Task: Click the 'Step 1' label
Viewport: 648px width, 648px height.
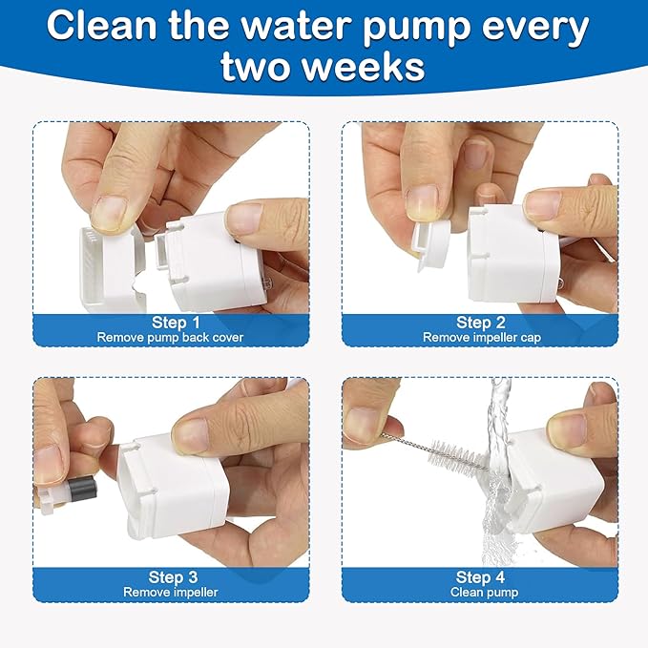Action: [x=176, y=323]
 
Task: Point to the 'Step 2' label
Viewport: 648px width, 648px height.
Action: [x=480, y=323]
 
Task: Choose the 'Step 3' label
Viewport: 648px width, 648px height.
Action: [x=173, y=577]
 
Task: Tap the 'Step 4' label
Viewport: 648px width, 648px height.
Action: [x=480, y=577]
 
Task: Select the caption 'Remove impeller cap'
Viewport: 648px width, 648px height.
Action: [x=480, y=337]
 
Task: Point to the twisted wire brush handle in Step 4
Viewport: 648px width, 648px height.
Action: [x=406, y=440]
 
